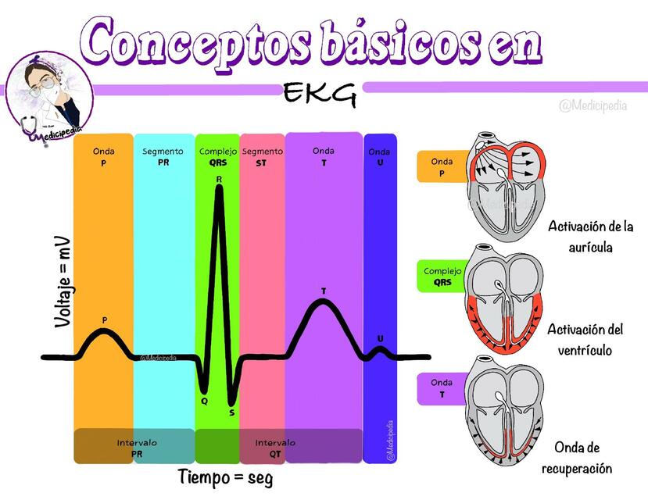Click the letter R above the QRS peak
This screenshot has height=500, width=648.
pyautogui.click(x=219, y=179)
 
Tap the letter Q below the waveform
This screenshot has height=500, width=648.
pyautogui.click(x=204, y=401)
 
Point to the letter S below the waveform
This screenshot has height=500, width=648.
pyautogui.click(x=232, y=412)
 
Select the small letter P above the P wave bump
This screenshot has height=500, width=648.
pyautogui.click(x=105, y=320)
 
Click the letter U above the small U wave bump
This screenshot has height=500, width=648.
pyautogui.click(x=380, y=338)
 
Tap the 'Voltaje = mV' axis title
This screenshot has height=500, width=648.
pyautogui.click(x=63, y=282)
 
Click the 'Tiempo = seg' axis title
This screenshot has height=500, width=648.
pyautogui.click(x=226, y=477)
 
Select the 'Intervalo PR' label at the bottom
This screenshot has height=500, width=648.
pyautogui.click(x=137, y=448)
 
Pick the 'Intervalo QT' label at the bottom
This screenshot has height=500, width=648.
pyautogui.click(x=275, y=448)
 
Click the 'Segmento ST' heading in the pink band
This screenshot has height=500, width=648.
pyautogui.click(x=263, y=157)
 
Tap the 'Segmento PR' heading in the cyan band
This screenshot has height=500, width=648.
pyautogui.click(x=163, y=157)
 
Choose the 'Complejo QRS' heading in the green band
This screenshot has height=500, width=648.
pyautogui.click(x=218, y=157)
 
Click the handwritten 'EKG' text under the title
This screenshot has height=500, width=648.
pyautogui.click(x=320, y=94)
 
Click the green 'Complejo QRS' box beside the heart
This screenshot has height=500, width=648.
pyautogui.click(x=442, y=277)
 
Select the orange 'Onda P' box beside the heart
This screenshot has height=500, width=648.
pyautogui.click(x=442, y=167)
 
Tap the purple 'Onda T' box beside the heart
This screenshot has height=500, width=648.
pyautogui.click(x=442, y=388)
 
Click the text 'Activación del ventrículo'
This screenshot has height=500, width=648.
pyautogui.click(x=585, y=339)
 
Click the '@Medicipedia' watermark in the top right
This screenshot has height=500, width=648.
pyautogui.click(x=593, y=106)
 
